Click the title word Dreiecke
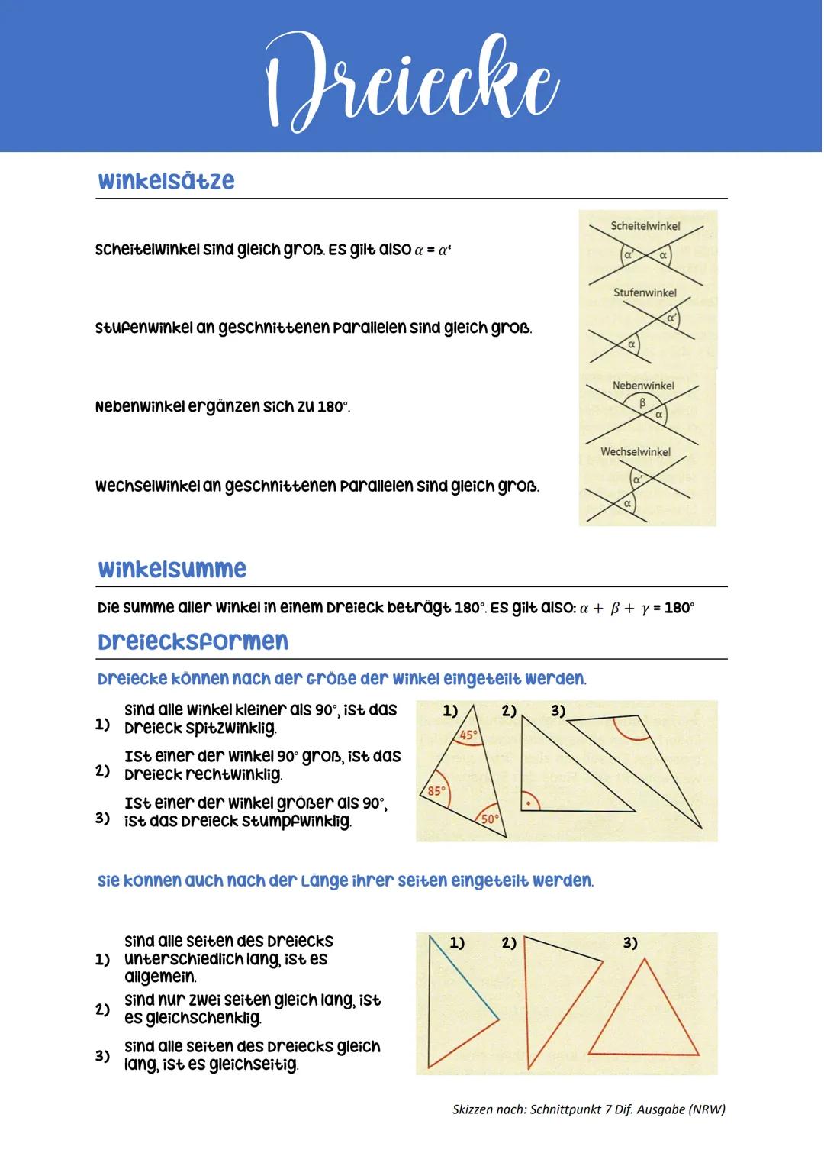click(411, 81)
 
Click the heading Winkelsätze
click(166, 181)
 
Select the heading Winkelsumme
click(172, 569)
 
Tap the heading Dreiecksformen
click(193, 641)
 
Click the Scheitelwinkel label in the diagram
click(645, 226)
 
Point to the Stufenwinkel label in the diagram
click(645, 292)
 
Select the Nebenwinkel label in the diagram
click(643, 386)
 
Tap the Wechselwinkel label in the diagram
click(636, 451)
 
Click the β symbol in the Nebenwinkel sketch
click(642, 402)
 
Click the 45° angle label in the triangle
click(468, 735)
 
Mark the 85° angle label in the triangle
click(436, 791)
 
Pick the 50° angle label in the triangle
click(489, 819)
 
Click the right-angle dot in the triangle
click(527, 803)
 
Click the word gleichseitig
click(253, 1064)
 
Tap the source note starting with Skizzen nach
click(588, 1109)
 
